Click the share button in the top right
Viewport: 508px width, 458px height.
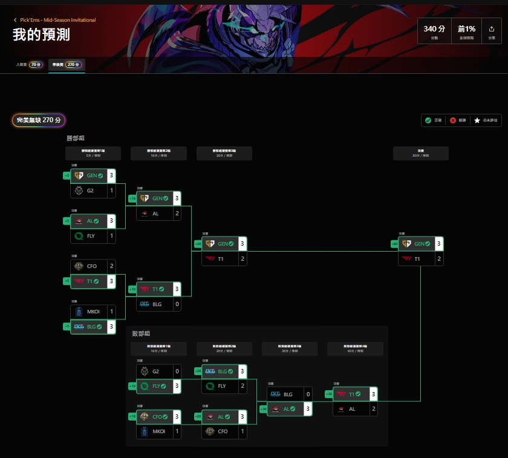point(491,31)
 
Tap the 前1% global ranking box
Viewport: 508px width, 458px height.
point(466,31)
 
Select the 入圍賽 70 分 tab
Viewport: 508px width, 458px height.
point(29,64)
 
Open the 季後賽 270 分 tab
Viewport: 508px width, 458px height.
point(67,64)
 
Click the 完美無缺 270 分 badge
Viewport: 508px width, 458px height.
point(39,120)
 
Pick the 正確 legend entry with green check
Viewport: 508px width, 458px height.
point(433,120)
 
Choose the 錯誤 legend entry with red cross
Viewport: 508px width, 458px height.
point(458,120)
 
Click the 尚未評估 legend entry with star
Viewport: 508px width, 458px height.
point(486,120)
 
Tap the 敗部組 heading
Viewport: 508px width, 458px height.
point(141,333)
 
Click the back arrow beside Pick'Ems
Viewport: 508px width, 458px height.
point(15,20)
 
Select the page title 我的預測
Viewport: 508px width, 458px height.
point(41,34)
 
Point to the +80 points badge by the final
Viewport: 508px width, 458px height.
point(394,244)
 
